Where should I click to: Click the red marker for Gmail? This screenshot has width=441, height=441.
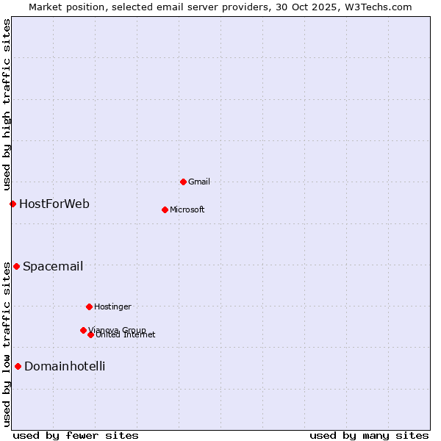[x=183, y=182]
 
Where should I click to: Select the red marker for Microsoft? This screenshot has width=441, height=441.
[x=165, y=209]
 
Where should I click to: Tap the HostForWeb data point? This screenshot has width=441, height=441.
[x=12, y=204]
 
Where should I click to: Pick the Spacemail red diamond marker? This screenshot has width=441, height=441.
[x=16, y=266]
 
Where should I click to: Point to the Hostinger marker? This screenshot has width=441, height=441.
[x=89, y=306]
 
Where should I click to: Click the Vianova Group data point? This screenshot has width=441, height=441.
[x=83, y=330]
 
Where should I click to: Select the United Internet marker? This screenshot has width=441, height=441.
[x=90, y=334]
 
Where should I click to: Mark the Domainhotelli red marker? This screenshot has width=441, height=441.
[x=18, y=366]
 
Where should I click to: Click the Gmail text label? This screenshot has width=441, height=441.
[x=199, y=182]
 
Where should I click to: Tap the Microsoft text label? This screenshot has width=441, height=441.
[x=187, y=209]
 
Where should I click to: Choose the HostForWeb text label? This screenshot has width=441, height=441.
[x=54, y=204]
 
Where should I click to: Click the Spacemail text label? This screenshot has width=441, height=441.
[x=53, y=266]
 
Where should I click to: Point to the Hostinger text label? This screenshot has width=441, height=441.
[x=112, y=306]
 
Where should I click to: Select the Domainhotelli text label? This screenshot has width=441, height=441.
[x=65, y=366]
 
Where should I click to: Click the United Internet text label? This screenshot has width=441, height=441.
[x=126, y=335]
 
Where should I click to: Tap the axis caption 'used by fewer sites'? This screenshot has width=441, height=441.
[x=76, y=435]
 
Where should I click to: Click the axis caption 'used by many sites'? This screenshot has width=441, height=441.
[x=369, y=435]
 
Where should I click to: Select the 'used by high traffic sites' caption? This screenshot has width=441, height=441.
[x=7, y=104]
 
